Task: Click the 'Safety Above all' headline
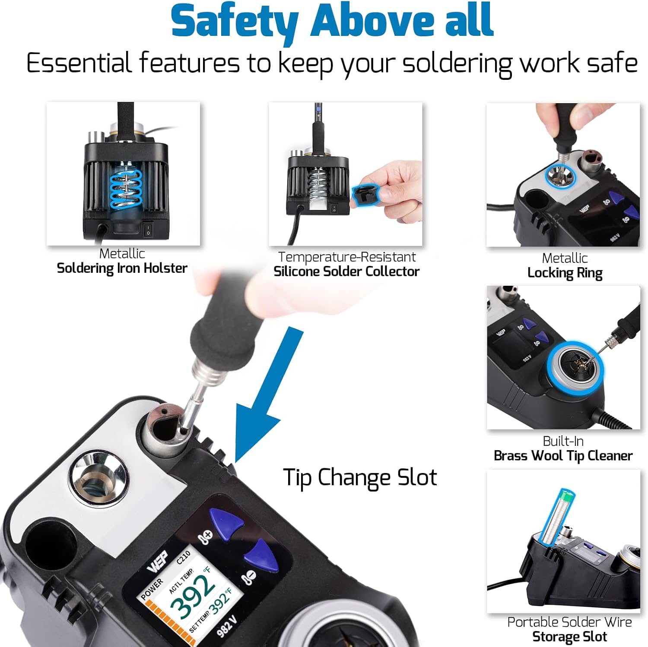tap(332, 21)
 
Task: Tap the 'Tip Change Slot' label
tap(359, 478)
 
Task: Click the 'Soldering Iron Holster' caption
tap(122, 268)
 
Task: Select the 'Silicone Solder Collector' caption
tap(346, 271)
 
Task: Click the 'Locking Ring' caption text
tap(565, 273)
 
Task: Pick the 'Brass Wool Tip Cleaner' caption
tap(563, 456)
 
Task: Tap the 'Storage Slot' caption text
tap(569, 637)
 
